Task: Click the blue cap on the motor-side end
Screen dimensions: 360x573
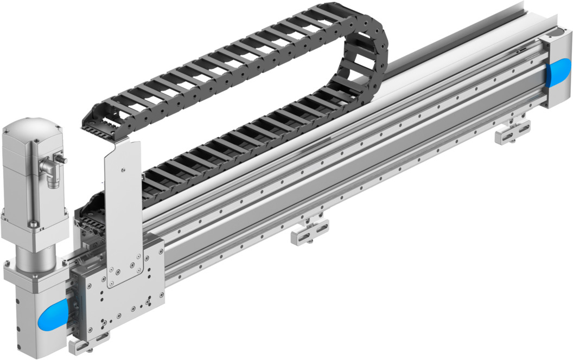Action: click(53, 314)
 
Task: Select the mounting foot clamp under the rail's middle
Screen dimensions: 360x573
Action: click(309, 230)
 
